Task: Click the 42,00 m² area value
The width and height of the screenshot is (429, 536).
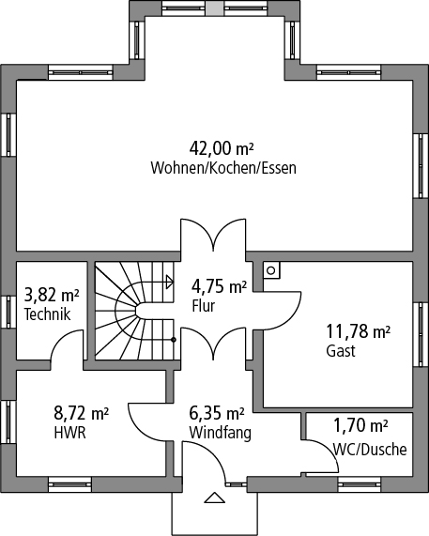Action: (x=222, y=148)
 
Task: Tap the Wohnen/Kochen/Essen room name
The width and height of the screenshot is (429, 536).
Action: (x=223, y=168)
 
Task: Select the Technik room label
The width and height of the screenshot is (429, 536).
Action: (x=47, y=314)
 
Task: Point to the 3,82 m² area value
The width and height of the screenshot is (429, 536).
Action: (x=52, y=295)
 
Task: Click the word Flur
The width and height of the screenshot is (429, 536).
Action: (x=204, y=306)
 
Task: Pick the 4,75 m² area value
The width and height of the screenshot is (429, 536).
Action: (x=219, y=286)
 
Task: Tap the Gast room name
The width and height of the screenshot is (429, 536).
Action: (x=341, y=351)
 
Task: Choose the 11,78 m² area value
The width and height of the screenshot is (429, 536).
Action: (x=359, y=331)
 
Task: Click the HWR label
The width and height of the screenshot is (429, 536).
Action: (x=69, y=433)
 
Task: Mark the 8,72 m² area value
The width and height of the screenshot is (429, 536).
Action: (x=82, y=413)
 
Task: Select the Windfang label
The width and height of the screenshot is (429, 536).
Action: (x=221, y=433)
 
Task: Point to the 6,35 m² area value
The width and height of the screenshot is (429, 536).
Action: (x=217, y=413)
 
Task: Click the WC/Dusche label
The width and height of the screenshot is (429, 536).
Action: (x=370, y=450)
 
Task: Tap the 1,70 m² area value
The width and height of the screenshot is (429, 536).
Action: (x=360, y=425)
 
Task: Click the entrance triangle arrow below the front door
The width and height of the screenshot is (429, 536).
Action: (x=215, y=498)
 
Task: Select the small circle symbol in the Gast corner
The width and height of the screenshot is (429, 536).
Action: (x=270, y=270)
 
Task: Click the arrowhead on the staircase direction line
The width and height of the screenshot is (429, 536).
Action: (x=170, y=282)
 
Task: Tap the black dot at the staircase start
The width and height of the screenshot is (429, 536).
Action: (x=174, y=340)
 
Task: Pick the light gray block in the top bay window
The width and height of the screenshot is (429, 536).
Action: (x=215, y=8)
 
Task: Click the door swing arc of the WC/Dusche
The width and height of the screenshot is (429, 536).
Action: (x=327, y=449)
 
